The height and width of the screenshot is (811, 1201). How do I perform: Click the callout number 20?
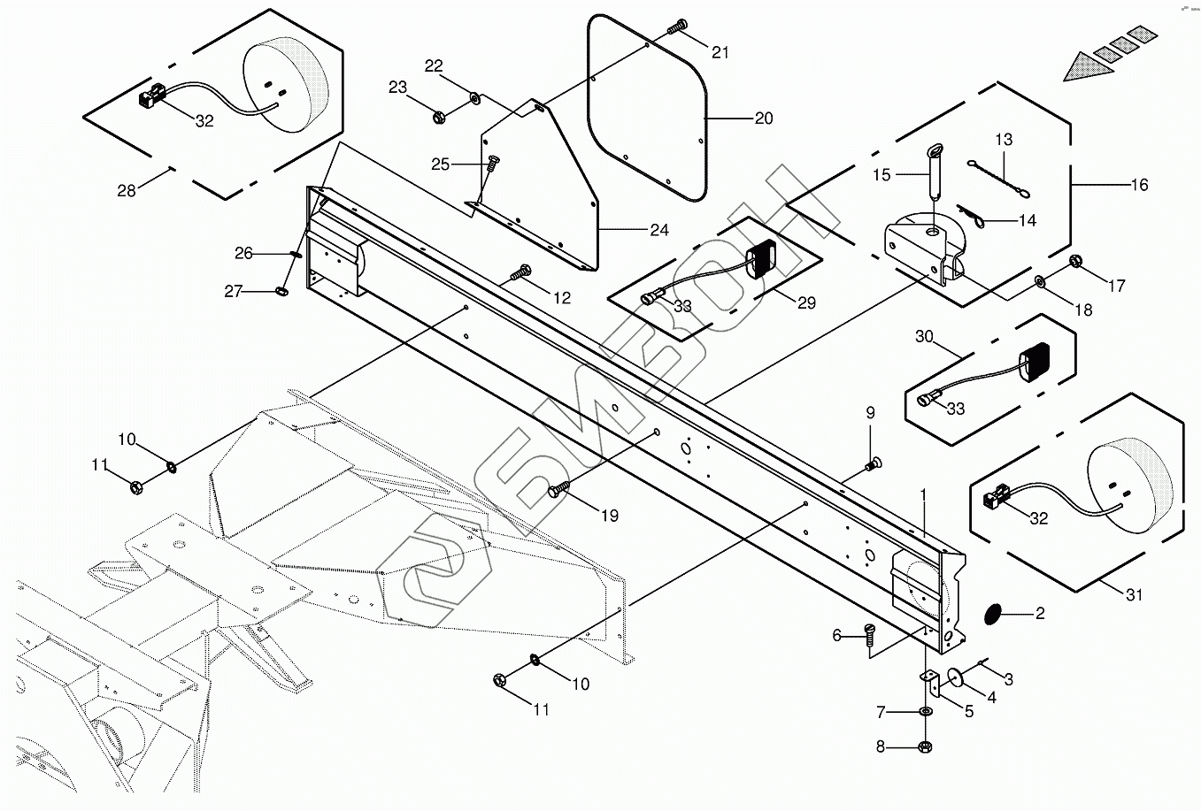click(x=763, y=119)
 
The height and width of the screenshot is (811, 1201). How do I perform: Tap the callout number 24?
click(x=659, y=231)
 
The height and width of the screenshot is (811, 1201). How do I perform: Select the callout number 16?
click(x=1139, y=185)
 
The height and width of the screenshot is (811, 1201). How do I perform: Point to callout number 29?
click(x=806, y=302)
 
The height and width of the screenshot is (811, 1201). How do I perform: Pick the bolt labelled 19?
click(x=559, y=487)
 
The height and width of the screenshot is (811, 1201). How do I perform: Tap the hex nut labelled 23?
click(x=438, y=116)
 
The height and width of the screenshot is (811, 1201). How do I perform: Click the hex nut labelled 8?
click(x=925, y=746)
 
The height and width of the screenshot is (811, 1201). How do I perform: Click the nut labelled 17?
click(x=1076, y=261)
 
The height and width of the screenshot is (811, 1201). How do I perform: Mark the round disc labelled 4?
click(x=957, y=677)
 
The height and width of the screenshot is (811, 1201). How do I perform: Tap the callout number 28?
click(x=127, y=190)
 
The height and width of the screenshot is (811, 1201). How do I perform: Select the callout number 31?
click(x=1135, y=595)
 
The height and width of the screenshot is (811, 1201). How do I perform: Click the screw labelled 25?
click(x=492, y=164)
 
